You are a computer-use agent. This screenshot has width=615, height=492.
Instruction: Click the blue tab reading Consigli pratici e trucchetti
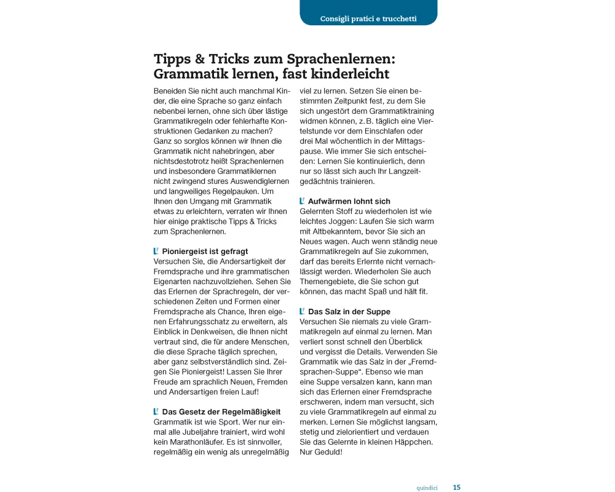click(368, 18)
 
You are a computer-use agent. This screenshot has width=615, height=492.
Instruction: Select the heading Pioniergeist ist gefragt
click(205, 251)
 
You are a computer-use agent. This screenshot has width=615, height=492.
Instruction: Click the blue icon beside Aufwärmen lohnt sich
click(302, 201)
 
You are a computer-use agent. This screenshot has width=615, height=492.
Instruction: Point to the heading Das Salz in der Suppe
click(349, 312)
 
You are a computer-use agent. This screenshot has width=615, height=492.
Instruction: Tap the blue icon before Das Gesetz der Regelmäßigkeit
click(156, 411)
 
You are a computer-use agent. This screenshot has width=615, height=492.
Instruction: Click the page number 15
click(456, 487)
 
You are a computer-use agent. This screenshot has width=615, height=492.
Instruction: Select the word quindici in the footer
click(427, 488)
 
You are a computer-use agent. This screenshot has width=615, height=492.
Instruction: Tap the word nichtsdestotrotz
click(184, 161)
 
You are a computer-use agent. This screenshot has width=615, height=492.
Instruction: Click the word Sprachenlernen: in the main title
click(340, 59)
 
